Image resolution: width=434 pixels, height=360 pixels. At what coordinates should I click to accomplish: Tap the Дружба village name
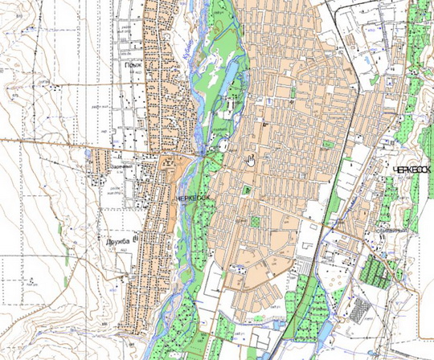(x=119, y=239)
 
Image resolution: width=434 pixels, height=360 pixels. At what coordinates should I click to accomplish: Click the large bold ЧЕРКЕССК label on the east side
(x=413, y=170)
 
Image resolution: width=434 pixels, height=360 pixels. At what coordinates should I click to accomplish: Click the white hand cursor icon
(x=251, y=159)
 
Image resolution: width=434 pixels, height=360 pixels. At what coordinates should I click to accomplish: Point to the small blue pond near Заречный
(x=86, y=150)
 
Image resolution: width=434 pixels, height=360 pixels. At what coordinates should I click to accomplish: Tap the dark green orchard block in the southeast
(x=379, y=265)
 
